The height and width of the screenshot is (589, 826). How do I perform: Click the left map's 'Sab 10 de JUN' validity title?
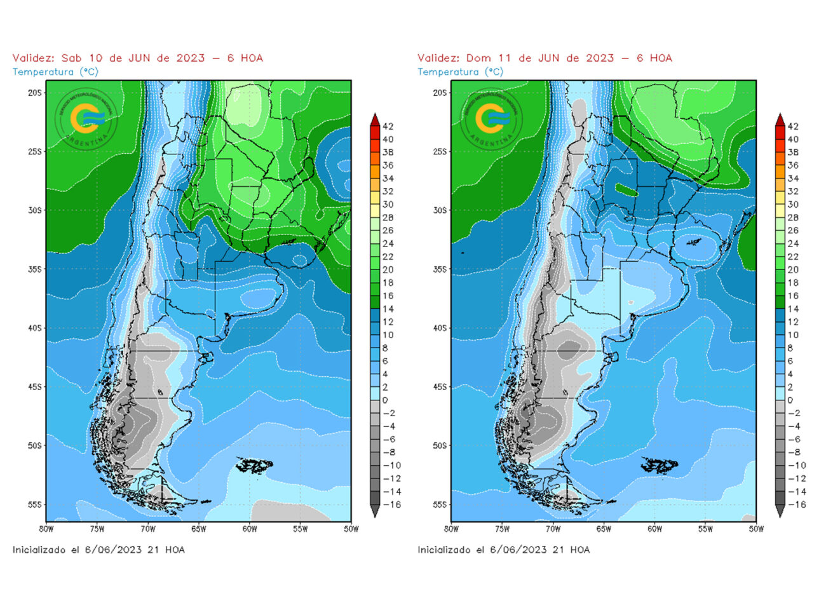tap(137, 58)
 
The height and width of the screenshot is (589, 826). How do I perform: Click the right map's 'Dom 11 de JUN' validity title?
tap(545, 58)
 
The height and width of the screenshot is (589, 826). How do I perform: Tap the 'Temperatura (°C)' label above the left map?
tap(55, 72)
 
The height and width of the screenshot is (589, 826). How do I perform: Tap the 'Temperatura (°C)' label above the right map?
tap(460, 72)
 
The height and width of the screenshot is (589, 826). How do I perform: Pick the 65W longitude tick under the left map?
tap(198, 529)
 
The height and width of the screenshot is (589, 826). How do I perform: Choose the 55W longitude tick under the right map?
tap(705, 529)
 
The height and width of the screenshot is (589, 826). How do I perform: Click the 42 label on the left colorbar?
tap(388, 126)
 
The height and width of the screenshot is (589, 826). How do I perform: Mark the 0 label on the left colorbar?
tap(385, 400)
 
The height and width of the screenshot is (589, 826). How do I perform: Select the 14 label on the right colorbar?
tap(793, 309)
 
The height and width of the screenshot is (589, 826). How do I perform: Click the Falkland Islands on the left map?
tap(255, 466)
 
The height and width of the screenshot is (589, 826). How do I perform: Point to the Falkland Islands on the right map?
tap(660, 466)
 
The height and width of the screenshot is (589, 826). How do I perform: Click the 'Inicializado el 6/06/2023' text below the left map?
tap(98, 550)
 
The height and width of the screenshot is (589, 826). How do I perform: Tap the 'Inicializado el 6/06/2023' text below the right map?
tap(503, 550)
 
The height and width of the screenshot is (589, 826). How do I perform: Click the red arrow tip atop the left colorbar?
tap(375, 118)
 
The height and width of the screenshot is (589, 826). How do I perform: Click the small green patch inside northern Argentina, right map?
tap(627, 189)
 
